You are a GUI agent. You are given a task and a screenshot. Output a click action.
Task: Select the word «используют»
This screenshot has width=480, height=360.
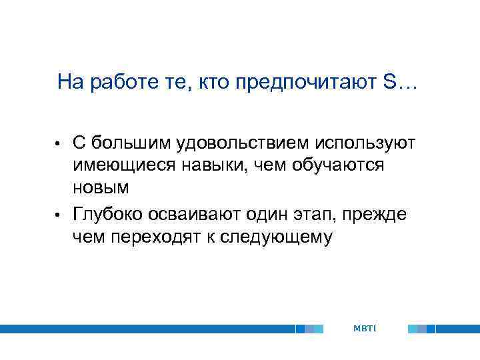coord(365,143)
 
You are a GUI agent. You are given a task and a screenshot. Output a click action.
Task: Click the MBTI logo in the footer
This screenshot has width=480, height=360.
coord(365,329)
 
